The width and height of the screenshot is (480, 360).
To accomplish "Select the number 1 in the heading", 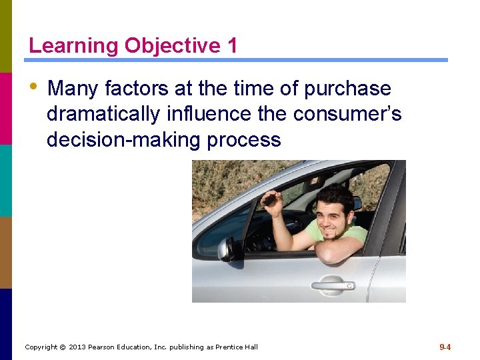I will pos(231,46).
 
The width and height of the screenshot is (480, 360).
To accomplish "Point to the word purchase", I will pos(348,89).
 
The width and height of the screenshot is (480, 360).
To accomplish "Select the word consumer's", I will pos(347,114).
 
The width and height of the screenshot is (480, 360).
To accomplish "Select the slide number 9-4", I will pos(445,347).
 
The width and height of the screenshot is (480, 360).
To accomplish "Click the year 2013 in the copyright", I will pos(79,347).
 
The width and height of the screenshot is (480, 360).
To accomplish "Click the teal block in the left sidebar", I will pos(6,180).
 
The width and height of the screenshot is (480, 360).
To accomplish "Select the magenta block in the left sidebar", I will pos(6,108).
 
